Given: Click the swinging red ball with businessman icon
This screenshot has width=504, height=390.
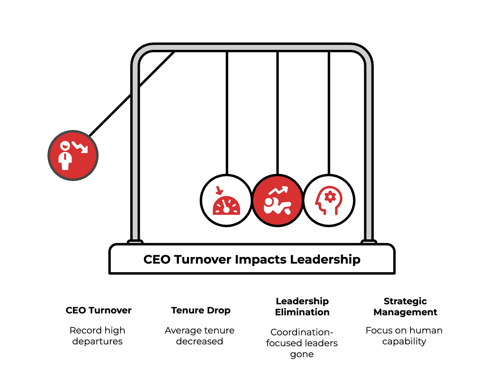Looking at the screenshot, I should pyautogui.click(x=73, y=155).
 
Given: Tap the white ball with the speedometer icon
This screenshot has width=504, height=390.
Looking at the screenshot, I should pyautogui.click(x=226, y=201).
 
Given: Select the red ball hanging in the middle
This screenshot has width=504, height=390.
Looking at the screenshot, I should pyautogui.click(x=278, y=201).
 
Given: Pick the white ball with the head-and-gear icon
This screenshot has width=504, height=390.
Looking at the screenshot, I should pyautogui.click(x=329, y=201).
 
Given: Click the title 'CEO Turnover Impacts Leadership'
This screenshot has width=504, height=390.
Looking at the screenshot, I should pyautogui.click(x=252, y=259).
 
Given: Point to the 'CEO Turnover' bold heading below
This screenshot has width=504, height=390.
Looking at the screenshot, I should pyautogui.click(x=99, y=310).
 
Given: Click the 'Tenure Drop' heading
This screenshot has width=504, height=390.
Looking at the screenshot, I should pyautogui.click(x=201, y=310).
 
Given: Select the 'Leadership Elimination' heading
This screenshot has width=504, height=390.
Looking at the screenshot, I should pyautogui.click(x=302, y=306).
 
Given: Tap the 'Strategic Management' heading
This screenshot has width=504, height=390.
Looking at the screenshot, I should pyautogui.click(x=405, y=306).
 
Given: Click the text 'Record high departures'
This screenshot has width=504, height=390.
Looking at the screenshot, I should pyautogui.click(x=97, y=336).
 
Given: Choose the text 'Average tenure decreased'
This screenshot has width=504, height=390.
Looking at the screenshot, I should pyautogui.click(x=200, y=336).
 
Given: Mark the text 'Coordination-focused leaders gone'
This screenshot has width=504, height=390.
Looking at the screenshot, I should pyautogui.click(x=302, y=343).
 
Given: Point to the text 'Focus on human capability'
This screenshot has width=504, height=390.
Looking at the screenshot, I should pyautogui.click(x=404, y=336).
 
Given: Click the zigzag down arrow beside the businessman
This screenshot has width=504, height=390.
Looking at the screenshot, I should pyautogui.click(x=81, y=147).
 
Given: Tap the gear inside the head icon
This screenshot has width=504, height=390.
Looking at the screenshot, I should pyautogui.click(x=330, y=197).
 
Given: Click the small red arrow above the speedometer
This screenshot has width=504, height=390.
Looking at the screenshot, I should pyautogui.click(x=219, y=190).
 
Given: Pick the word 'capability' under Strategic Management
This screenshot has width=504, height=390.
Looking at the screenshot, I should pyautogui.click(x=404, y=341).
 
